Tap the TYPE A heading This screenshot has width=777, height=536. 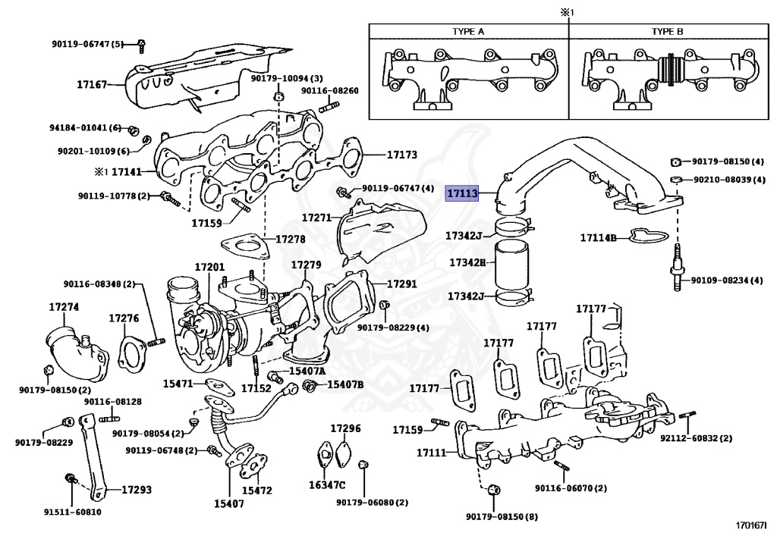click(x=468, y=31)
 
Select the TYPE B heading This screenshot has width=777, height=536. click(x=668, y=31)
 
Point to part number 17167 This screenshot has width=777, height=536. click(x=93, y=85)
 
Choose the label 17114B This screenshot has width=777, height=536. click(x=599, y=238)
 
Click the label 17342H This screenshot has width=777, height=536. click(x=464, y=262)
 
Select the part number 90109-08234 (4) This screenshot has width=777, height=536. click(x=726, y=281)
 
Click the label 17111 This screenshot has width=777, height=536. click(x=432, y=453)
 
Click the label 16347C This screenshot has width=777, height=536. click(x=327, y=485)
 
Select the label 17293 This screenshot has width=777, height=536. click(x=137, y=491)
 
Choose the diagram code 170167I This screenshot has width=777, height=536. click(x=750, y=525)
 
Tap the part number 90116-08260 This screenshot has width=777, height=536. click(x=330, y=91)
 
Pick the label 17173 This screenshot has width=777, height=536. click(x=402, y=155)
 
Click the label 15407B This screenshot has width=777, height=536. click(x=345, y=384)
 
